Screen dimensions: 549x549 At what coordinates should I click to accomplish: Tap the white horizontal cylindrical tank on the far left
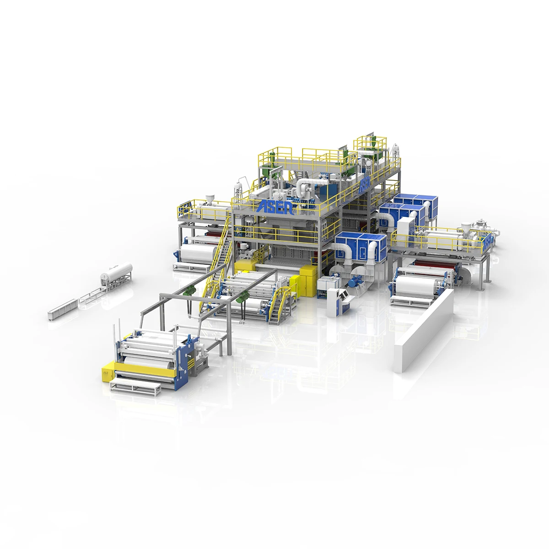(x=117, y=273)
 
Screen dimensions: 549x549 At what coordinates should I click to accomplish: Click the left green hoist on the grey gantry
(x=188, y=289)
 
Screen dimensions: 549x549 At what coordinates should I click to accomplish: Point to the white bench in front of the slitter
(x=135, y=384)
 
